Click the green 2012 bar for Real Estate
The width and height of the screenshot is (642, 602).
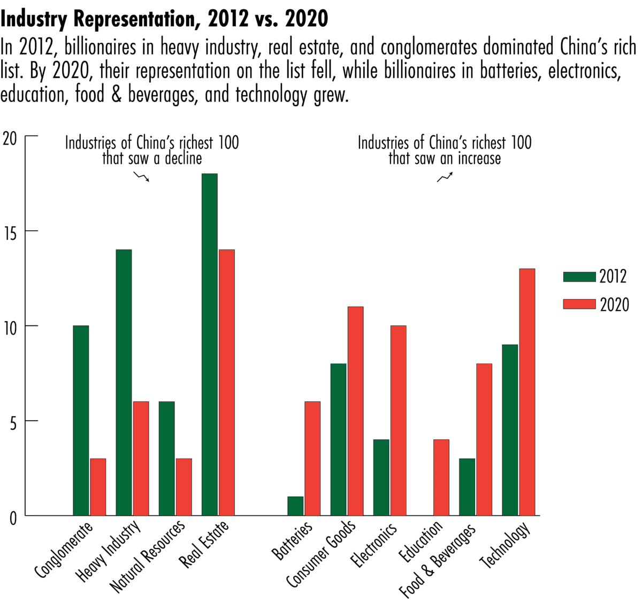pos(210,345)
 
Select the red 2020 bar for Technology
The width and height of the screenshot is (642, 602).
pos(526,392)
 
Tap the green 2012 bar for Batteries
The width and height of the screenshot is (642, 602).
pos(295,506)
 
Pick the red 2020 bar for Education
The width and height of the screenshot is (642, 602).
pos(441,477)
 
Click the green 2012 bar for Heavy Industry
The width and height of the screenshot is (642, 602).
pos(124,383)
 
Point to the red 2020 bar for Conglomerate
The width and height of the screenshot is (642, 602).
pos(98,487)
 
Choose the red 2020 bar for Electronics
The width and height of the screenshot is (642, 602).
pos(398,421)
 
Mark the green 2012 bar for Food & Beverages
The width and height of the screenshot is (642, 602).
pos(467,487)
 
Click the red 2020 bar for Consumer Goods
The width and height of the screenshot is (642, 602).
pos(355,411)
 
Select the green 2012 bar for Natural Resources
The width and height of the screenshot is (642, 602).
pos(166,459)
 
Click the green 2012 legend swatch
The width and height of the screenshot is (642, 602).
pos(579,277)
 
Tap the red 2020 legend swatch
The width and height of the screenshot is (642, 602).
pos(579,304)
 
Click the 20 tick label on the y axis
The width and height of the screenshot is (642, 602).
pos(10,138)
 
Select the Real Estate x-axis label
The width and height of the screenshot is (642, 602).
pos(204,544)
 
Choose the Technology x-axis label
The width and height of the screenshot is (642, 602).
pos(506,545)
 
